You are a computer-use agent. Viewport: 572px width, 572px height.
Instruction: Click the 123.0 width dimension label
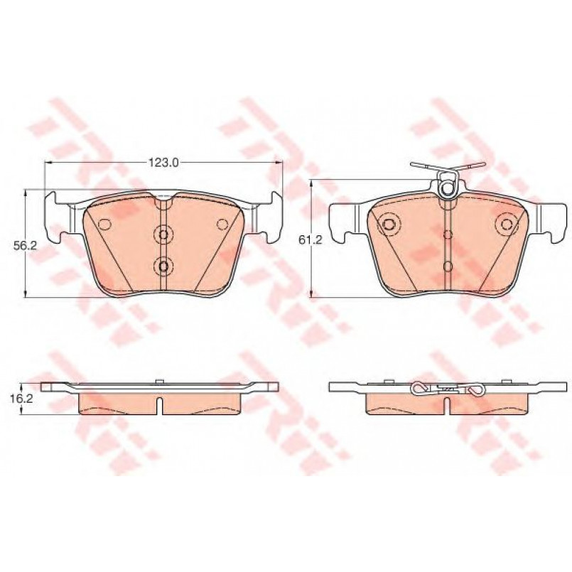[163, 163]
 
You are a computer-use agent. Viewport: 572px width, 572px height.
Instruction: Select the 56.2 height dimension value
[26, 246]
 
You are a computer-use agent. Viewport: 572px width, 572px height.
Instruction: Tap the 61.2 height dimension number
[310, 239]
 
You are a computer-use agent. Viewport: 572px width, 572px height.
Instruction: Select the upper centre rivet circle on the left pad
[163, 234]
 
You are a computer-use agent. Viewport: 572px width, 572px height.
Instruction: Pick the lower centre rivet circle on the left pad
[163, 266]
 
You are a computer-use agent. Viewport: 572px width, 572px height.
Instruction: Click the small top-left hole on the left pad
[105, 224]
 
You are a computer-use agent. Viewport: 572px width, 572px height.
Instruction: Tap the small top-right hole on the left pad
[222, 224]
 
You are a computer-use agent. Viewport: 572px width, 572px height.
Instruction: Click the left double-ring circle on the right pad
[389, 224]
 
